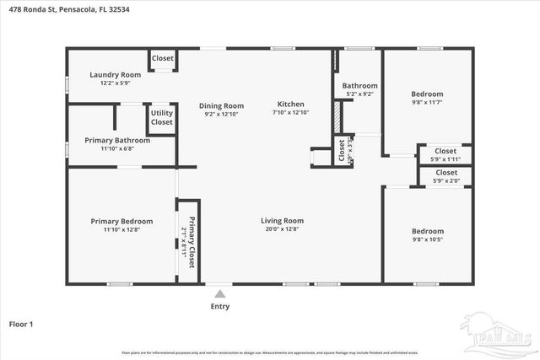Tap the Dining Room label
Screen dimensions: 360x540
222,106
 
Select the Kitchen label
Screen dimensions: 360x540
290,106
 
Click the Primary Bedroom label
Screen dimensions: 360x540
121,221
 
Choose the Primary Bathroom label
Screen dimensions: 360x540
117,140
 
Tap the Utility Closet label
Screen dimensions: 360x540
162,117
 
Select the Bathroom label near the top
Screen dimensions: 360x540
359,86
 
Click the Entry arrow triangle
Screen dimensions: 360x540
220,294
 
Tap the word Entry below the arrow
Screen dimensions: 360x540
220,306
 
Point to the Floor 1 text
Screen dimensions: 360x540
21,324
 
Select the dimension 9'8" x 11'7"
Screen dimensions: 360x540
427,103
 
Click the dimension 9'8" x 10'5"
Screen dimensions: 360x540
427,239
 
